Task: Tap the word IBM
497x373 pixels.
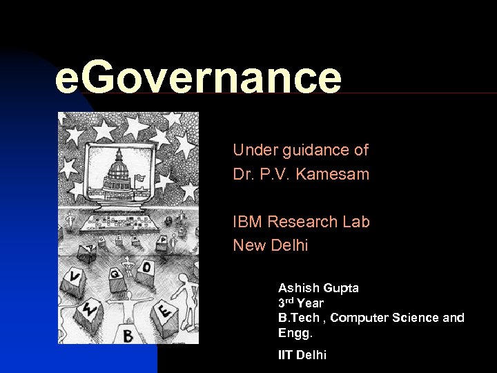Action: point(247,222)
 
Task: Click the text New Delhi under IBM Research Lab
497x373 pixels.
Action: point(270,245)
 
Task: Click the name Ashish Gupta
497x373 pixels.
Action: point(318,287)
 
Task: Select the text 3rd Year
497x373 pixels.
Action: point(301,303)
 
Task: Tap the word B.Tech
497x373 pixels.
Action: point(298,318)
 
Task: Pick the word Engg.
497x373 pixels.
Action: point(295,333)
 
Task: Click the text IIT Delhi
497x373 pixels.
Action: point(302,355)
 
